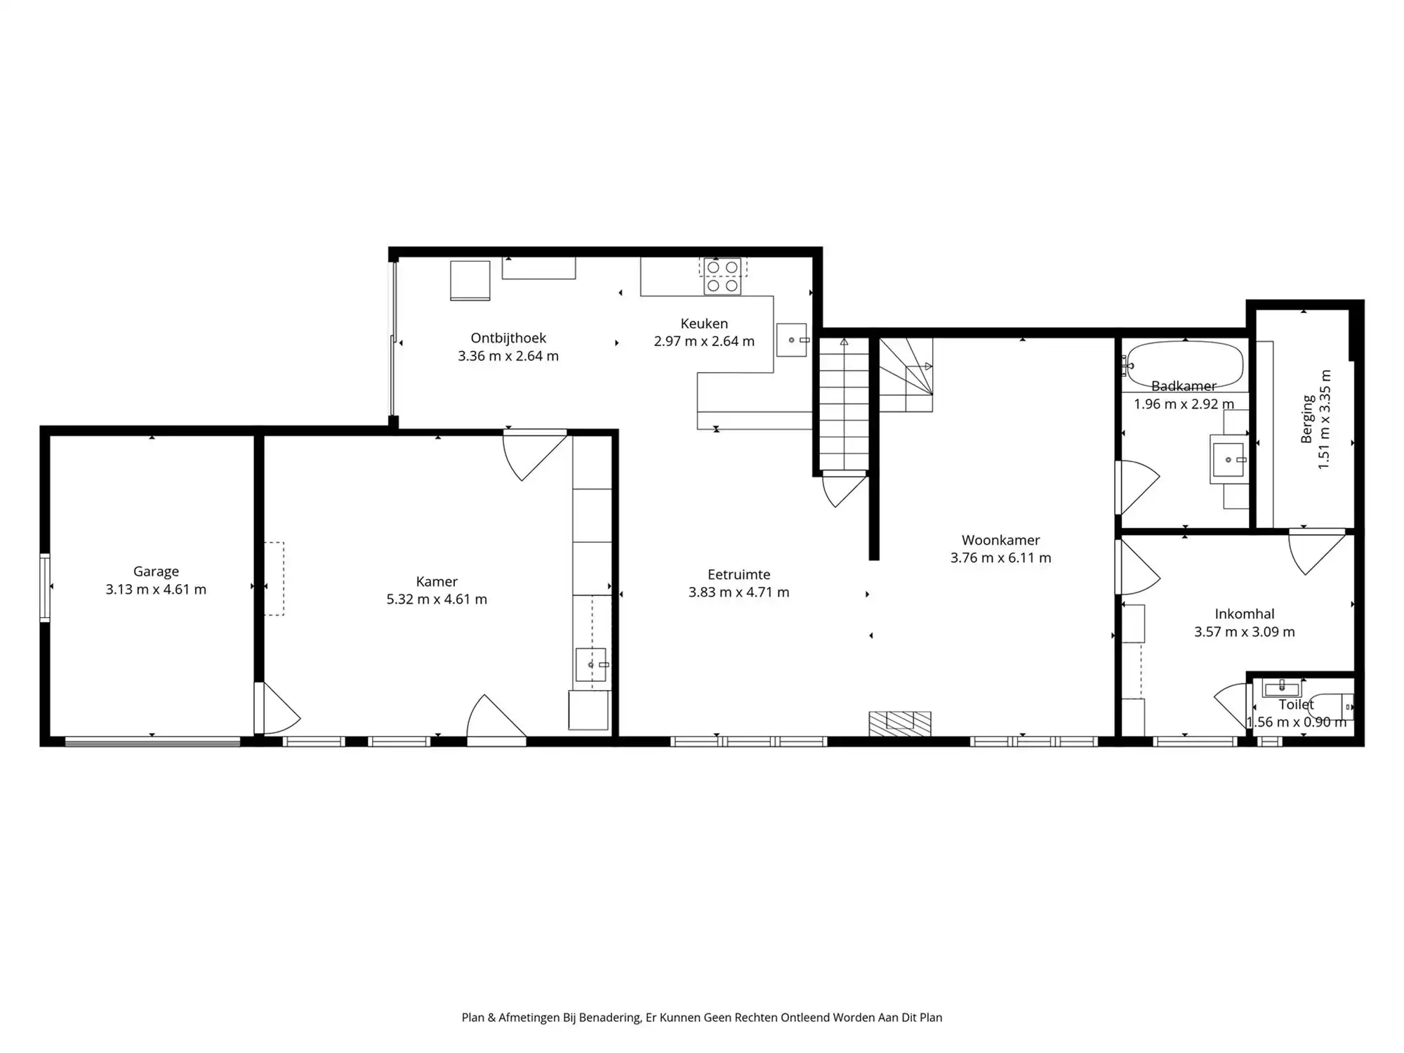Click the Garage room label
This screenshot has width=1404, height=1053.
pos(156,571)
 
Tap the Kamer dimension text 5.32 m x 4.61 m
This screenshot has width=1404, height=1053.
pos(436,600)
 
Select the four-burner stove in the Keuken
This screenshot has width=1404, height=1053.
pos(722,277)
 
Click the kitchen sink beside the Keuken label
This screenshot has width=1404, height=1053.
pos(792,340)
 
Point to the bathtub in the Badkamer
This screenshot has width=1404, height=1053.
pos(1184,364)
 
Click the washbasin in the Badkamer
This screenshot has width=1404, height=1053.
pos(1228,460)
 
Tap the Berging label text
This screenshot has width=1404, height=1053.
pos(1307,419)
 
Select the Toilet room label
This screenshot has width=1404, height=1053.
pos(1296,704)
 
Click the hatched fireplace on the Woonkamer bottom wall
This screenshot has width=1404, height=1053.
pos(900,724)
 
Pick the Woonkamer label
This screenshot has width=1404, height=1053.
pos(1000,540)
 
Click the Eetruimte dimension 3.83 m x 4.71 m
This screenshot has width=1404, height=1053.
pos(739,592)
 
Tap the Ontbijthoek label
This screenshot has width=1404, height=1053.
pos(508,338)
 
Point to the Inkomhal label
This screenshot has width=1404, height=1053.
pos(1245,614)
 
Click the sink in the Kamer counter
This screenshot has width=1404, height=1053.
pos(591,665)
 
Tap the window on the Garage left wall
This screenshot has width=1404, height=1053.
pos(45,588)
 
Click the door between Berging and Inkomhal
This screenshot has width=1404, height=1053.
pos(1315,551)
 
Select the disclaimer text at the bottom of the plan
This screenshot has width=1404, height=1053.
pos(702,1017)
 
